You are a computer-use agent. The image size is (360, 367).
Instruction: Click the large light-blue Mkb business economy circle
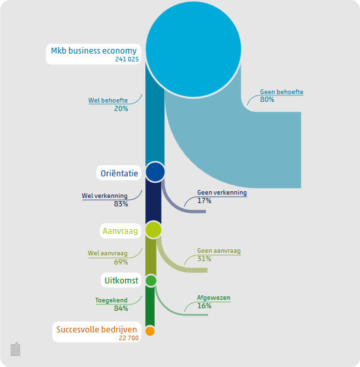(193, 49)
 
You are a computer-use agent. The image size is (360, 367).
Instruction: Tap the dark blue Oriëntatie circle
(155, 172)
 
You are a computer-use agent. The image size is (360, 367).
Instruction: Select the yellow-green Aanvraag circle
(153, 230)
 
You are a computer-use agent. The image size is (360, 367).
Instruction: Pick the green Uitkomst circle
(151, 281)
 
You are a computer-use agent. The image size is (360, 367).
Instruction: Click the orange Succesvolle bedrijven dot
(150, 331)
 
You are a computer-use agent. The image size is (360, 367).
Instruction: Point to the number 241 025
(127, 59)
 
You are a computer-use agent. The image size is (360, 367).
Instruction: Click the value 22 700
(129, 338)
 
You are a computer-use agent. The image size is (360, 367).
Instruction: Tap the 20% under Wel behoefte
(121, 108)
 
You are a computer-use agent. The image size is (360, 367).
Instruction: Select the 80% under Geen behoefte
(267, 99)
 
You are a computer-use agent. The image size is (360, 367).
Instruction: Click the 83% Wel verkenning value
(121, 204)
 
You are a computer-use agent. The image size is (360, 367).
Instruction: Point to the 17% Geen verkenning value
(204, 200)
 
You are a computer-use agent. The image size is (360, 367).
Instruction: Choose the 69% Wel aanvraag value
(121, 262)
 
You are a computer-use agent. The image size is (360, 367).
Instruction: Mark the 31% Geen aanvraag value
(204, 259)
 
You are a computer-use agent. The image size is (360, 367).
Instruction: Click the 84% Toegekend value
(121, 308)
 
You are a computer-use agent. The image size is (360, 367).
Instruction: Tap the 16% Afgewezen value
(204, 306)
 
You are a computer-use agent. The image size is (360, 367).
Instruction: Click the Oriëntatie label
(119, 174)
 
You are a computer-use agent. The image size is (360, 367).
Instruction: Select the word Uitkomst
(121, 280)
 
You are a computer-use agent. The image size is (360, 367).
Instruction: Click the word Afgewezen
(214, 298)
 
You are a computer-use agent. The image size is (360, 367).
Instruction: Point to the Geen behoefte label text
(282, 91)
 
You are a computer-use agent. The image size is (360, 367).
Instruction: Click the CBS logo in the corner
(16, 349)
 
